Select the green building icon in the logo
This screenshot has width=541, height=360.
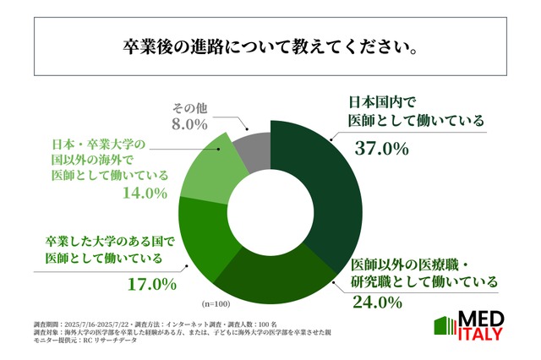tap(445, 328)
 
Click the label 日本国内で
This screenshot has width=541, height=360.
tap(380, 101)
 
